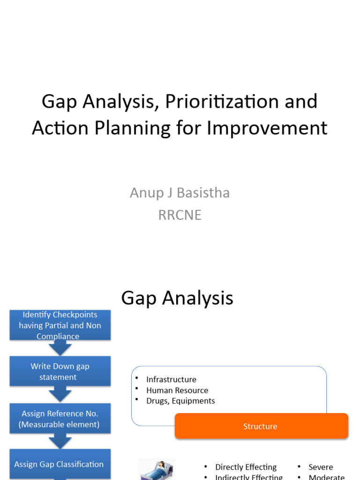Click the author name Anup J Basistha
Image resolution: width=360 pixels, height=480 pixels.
[180, 193]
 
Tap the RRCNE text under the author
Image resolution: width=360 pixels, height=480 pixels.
[180, 215]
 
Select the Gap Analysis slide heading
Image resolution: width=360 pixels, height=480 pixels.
[177, 298]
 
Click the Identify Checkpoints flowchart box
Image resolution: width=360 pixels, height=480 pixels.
[60, 325]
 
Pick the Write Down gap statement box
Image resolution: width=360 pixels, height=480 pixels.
[60, 371]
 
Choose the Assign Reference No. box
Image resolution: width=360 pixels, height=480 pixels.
[60, 419]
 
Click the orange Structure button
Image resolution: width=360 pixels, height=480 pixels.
[261, 426]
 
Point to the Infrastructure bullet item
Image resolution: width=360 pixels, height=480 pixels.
[171, 379]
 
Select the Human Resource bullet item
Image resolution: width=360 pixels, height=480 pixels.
[177, 390]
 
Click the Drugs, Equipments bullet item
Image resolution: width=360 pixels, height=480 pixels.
[180, 401]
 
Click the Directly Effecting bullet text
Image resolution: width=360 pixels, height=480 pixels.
[246, 467]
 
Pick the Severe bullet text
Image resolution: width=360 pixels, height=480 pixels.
[321, 467]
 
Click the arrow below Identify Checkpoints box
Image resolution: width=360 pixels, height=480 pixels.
[60, 348]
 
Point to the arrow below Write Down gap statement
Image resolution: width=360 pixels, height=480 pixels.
[60, 395]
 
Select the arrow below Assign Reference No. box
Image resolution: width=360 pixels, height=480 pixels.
[60, 441]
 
